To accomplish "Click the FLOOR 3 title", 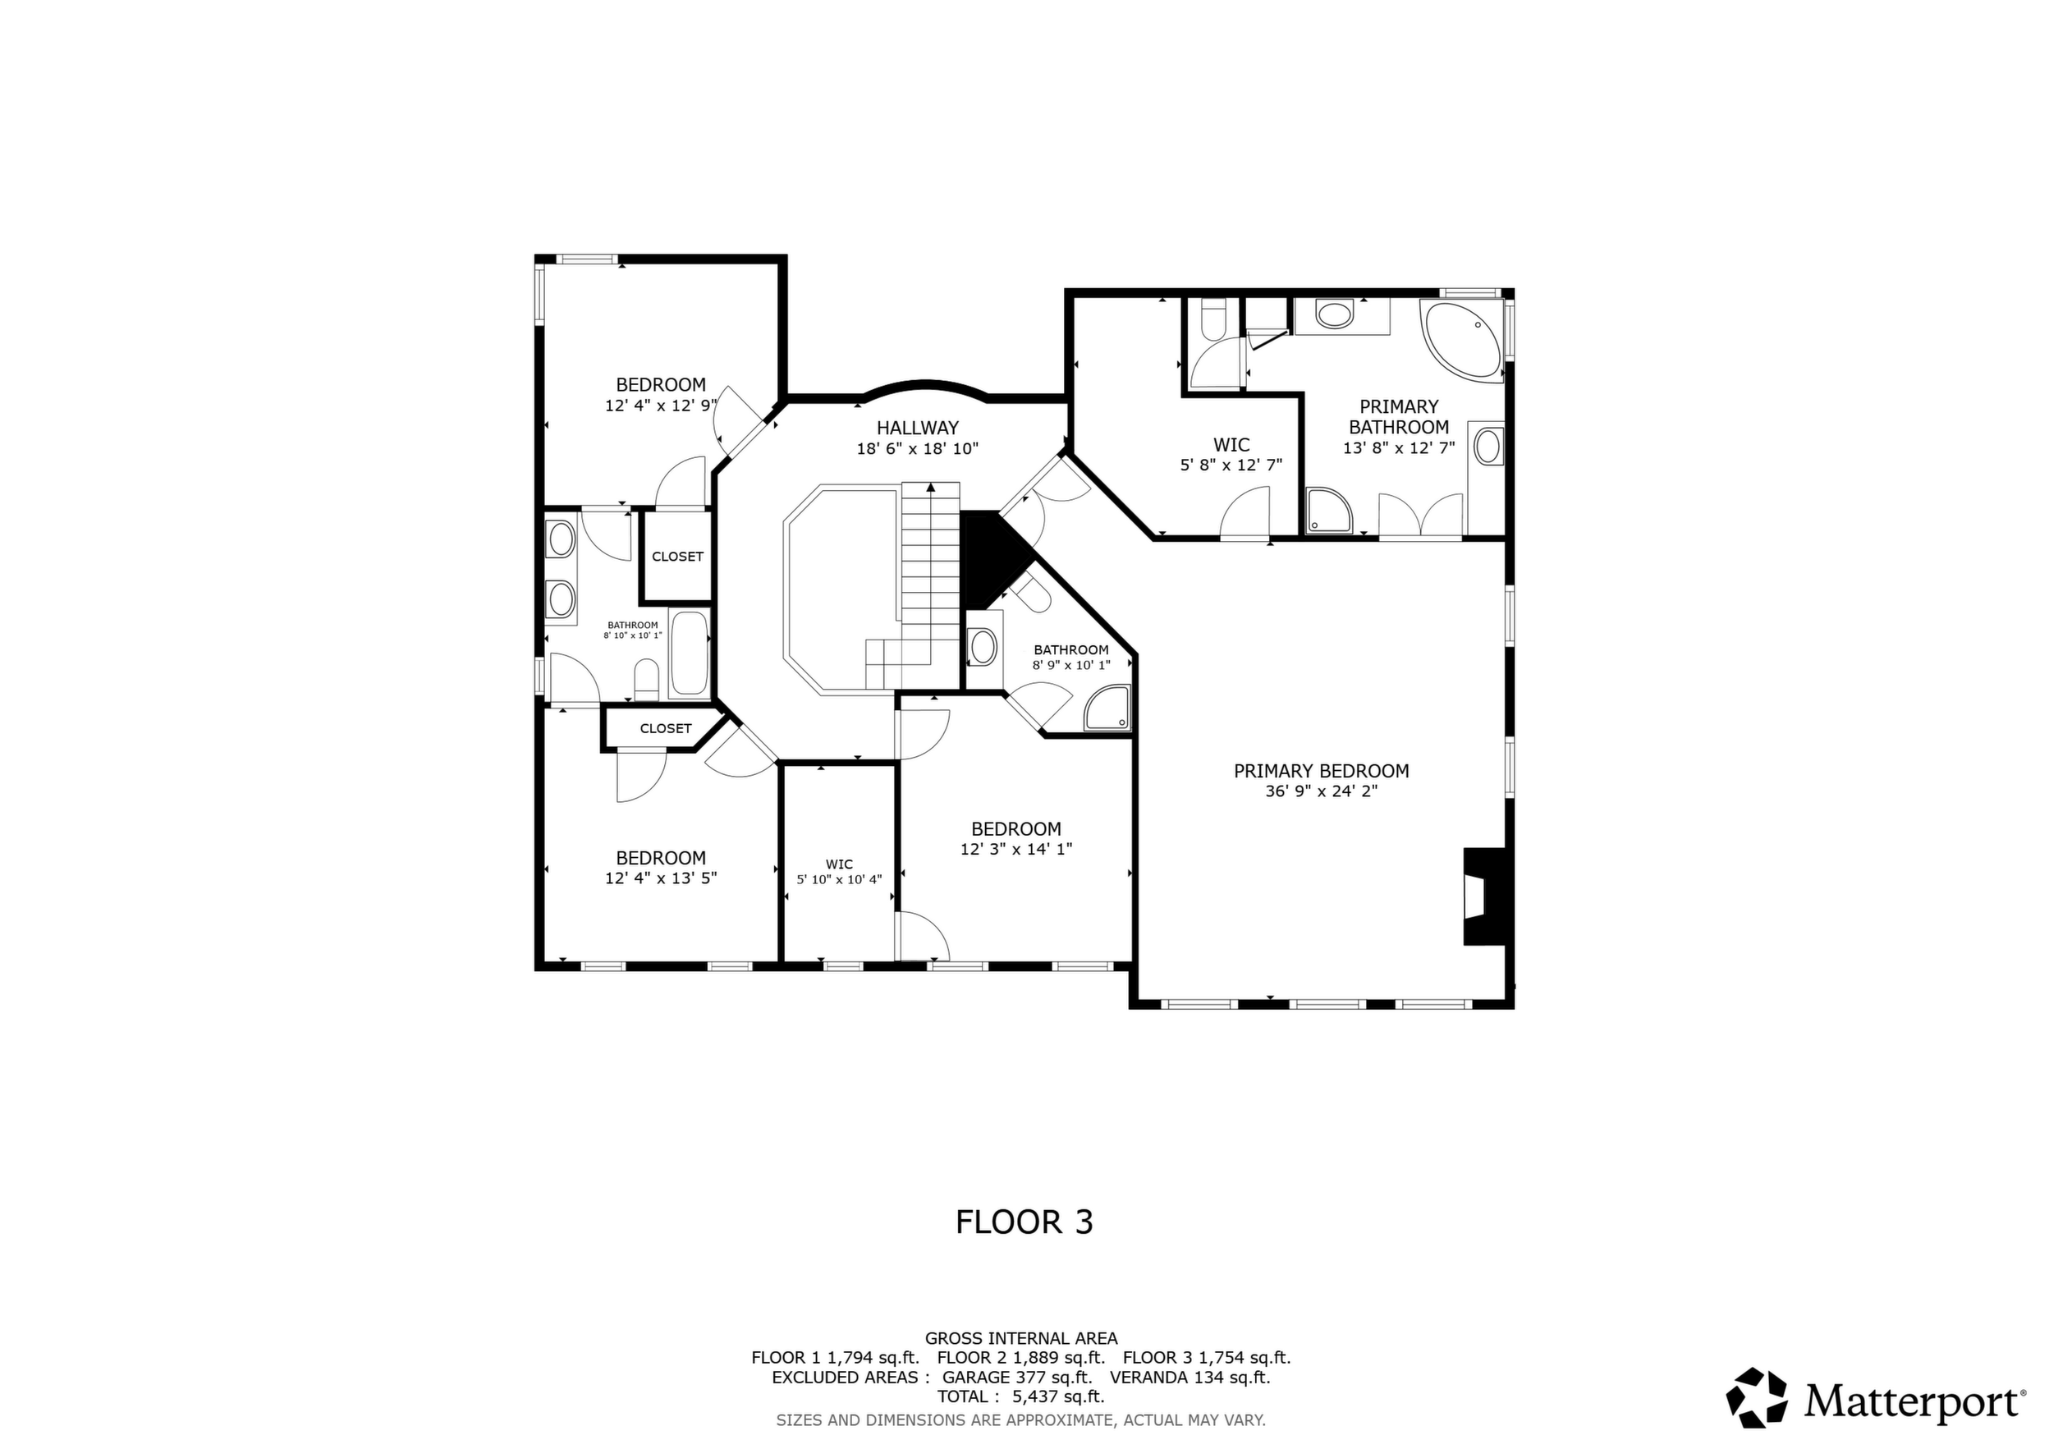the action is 1024,1222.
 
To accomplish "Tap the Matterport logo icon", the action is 1756,1397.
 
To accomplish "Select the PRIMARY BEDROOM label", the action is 1321,771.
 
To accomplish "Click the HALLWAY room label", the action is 918,429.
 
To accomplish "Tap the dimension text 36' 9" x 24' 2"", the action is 1321,791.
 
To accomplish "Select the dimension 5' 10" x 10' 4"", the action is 839,880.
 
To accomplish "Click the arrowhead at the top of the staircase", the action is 931,487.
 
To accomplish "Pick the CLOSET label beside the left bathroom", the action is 677,557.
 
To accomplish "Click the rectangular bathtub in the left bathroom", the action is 689,652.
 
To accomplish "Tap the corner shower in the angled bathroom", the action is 1107,708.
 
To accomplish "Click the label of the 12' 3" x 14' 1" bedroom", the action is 1015,829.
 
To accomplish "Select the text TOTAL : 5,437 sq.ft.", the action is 1021,1396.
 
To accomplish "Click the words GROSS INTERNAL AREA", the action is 1021,1338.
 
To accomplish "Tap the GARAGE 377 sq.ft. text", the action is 1016,1377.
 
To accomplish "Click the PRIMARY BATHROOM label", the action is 1398,417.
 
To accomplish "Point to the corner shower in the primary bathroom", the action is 1329,511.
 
